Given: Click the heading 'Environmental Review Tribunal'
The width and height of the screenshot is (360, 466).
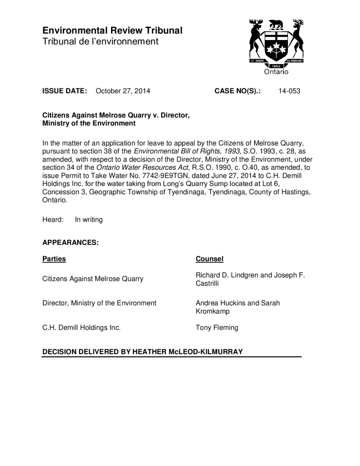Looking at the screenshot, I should tap(112, 31).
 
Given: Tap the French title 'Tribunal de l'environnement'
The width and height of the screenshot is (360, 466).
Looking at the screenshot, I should tap(100, 42).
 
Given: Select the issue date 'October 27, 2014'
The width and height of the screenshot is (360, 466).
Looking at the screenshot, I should tap(123, 91).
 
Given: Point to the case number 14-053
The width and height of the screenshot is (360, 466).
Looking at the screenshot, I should tap(289, 91).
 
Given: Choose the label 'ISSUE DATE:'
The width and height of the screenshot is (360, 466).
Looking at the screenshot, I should tap(65, 91).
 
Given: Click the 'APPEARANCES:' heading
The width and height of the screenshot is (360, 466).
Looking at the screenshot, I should tap(71, 243).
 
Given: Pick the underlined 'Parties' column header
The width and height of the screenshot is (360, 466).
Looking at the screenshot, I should tap(54, 259).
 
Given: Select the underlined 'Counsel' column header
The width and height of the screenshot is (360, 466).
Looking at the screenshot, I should tap(209, 259).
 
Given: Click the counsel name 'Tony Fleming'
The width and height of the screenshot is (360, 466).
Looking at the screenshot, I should tap(217, 327).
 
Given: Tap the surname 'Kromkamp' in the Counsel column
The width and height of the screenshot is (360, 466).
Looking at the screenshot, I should tap(213, 312).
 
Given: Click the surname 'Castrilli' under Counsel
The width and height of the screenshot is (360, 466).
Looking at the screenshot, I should tap(208, 284).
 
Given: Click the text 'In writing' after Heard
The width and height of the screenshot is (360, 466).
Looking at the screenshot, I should tap(89, 220).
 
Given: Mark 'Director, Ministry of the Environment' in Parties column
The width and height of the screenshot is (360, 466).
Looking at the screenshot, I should tap(99, 303).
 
